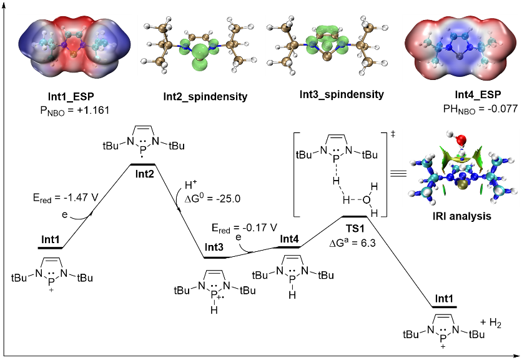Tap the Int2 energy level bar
(x=142, y=164)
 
